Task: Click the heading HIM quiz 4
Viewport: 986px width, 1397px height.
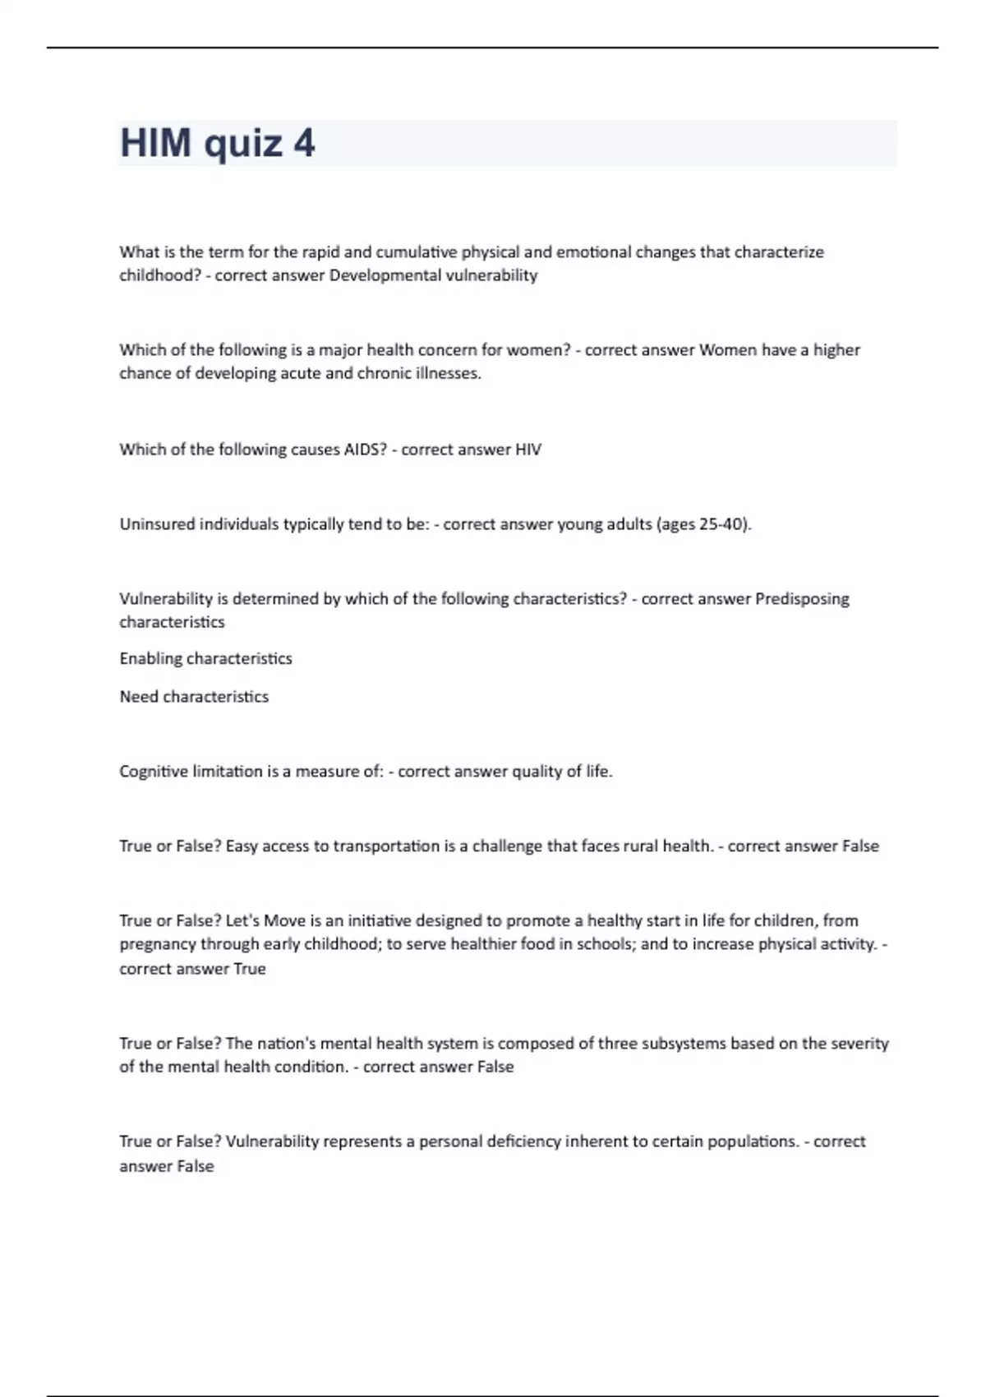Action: point(217,143)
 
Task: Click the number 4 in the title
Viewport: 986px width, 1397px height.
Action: point(303,143)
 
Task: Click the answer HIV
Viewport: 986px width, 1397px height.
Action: point(528,450)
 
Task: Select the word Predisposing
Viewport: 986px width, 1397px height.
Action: point(801,599)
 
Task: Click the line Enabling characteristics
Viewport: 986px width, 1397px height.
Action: point(205,658)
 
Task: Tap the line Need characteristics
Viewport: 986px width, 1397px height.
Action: point(194,697)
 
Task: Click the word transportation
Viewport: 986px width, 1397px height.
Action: point(386,846)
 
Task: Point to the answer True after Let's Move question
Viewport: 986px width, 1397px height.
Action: point(249,969)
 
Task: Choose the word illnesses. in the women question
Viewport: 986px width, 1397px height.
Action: point(448,373)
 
